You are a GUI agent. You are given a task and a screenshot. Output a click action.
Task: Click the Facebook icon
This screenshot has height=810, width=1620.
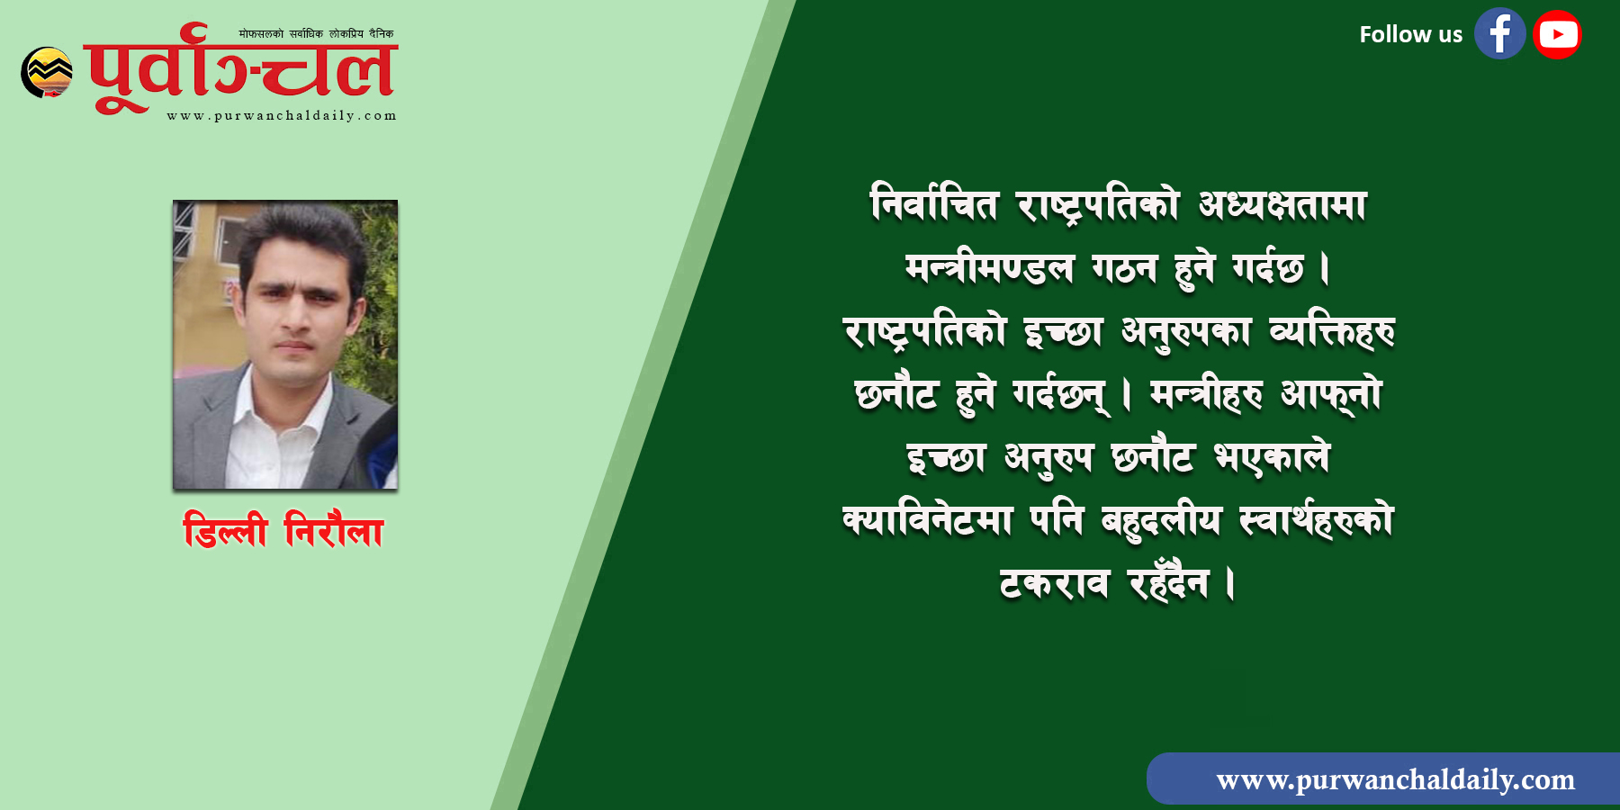coord(1499,34)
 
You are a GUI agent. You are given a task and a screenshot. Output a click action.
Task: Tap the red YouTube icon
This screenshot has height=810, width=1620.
coord(1557,34)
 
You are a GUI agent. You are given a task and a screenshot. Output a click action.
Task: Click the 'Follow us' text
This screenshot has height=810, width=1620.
coord(1410,34)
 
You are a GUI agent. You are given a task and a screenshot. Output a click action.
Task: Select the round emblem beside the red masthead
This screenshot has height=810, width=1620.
coord(47,72)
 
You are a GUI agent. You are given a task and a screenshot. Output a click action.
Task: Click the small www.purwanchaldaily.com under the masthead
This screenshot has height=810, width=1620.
coord(282,115)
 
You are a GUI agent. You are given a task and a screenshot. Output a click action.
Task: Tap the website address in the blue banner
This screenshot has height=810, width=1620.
coord(1395,779)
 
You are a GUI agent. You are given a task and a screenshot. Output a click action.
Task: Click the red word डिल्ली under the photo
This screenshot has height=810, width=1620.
coord(225,529)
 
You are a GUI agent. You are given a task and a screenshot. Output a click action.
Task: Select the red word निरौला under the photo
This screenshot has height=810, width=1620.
coord(334,529)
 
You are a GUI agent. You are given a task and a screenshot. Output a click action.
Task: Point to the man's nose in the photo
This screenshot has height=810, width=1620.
coord(292,315)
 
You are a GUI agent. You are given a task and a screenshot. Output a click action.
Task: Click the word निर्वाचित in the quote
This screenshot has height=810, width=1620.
coord(934,203)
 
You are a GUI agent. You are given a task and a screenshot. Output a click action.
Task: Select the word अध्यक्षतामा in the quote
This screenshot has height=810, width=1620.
coord(1282,205)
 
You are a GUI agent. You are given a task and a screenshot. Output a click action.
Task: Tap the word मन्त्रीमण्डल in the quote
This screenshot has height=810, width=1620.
coord(989,267)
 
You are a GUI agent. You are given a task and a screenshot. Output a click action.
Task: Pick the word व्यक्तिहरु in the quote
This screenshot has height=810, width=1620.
coord(1332,331)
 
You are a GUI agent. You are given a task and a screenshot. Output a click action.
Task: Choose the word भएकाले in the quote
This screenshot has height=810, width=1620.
coord(1272,457)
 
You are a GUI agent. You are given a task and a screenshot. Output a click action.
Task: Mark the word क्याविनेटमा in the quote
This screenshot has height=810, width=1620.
coord(927,520)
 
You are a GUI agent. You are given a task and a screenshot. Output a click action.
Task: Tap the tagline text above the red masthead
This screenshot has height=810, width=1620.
coord(316,34)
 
